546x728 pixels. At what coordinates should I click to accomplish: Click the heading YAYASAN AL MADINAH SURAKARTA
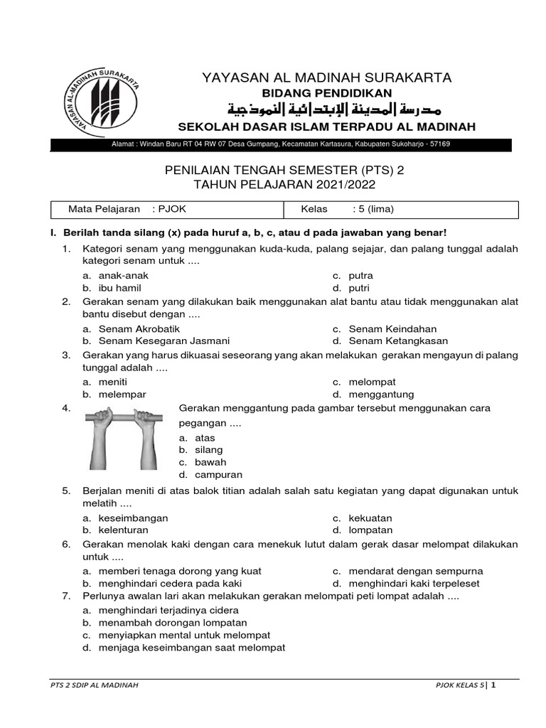coord(327,77)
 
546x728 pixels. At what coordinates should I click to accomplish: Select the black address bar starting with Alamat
coord(281,144)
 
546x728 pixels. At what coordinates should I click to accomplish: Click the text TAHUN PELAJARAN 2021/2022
coord(284,184)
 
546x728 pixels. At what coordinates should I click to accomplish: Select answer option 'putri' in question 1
coord(359,288)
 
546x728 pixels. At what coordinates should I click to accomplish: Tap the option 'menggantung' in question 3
coord(381,394)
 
